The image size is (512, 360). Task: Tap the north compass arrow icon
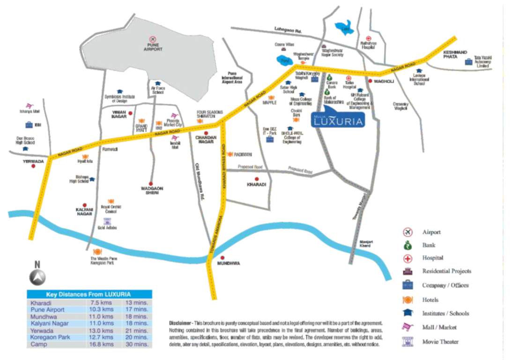(x=38, y=277)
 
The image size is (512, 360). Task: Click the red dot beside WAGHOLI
(x=370, y=81)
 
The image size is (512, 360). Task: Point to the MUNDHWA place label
(x=229, y=263)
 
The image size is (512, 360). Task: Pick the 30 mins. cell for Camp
(x=137, y=344)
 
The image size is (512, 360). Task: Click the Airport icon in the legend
(x=408, y=232)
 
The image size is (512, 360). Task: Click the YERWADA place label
(x=33, y=161)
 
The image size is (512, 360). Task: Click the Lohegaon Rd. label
(x=289, y=31)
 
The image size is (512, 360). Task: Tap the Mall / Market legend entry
(x=439, y=327)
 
